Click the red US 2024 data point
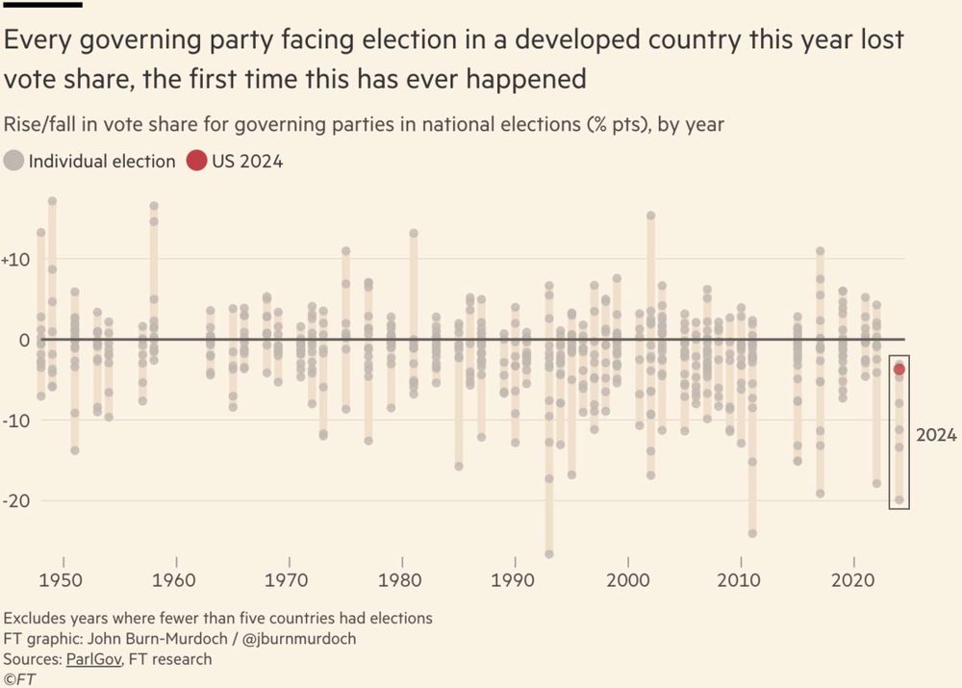coord(899,369)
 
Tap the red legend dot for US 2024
coord(196,162)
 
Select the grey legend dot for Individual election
coord(14,162)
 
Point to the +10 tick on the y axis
coord(19,260)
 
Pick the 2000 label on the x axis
coord(629,581)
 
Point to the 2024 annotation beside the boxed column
coord(936,436)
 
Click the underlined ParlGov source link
coord(92,659)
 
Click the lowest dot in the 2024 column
coord(899,499)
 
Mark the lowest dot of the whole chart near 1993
coord(549,554)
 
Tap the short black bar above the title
coord(42,5)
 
